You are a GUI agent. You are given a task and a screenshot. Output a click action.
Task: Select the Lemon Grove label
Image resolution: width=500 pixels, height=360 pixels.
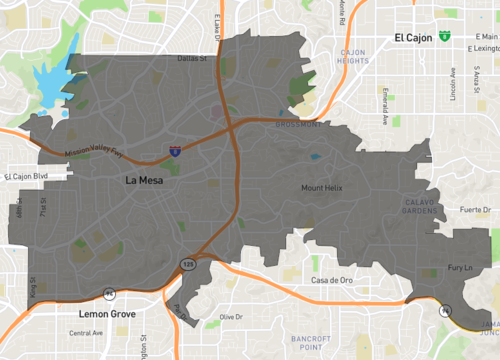click(x=106, y=313)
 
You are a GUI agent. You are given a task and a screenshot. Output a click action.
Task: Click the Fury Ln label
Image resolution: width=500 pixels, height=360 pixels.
click(x=458, y=268)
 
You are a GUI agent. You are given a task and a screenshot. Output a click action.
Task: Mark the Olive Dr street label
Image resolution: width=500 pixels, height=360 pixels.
click(x=232, y=316)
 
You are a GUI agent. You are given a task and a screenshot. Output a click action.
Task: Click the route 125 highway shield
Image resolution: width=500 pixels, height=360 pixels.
click(x=188, y=263)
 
